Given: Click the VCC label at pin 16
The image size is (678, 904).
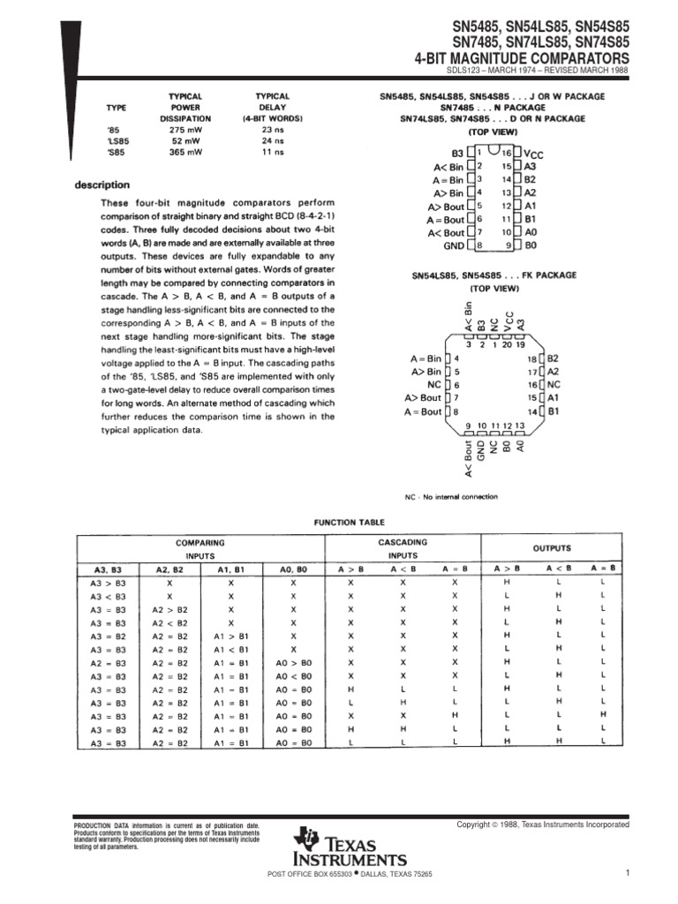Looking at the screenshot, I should coord(534,154).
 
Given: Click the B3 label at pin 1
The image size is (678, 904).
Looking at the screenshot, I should coord(456,152).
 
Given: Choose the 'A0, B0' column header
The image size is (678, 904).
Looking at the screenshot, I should coord(294,569).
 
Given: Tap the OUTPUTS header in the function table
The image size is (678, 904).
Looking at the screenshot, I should coord(552,548).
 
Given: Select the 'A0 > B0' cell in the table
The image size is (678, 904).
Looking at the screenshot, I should coord(294,662).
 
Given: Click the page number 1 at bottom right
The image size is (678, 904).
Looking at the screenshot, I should coord(625,873).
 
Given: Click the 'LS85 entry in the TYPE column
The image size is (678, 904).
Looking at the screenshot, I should coord(117,139).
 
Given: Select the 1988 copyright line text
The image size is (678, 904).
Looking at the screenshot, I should coord(542,824).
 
